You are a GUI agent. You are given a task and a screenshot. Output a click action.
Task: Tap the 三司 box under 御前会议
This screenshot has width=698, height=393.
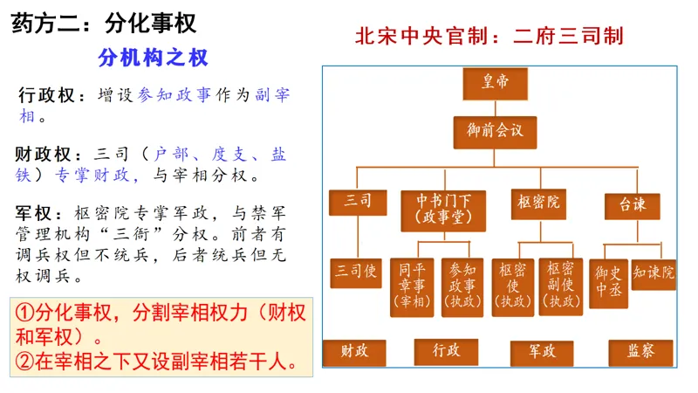(358, 201)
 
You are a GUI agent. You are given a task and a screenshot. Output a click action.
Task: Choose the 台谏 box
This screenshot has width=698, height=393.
(633, 205)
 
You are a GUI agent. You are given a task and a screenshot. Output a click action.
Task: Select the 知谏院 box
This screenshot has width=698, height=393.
(654, 274)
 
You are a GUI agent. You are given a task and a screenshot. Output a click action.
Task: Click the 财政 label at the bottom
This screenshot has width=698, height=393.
(354, 351)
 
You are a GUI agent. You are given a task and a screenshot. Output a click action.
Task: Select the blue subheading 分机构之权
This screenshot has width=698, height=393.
(154, 58)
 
